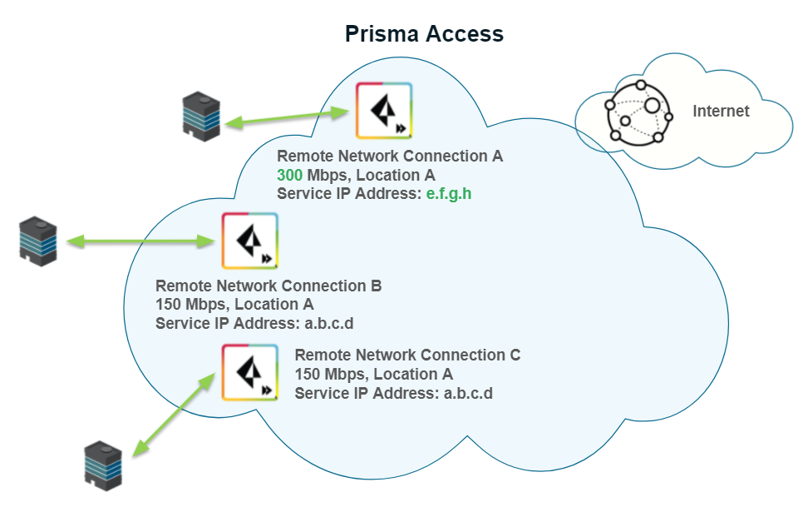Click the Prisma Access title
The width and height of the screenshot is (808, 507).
(x=424, y=34)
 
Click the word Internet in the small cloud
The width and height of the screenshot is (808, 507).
(x=721, y=112)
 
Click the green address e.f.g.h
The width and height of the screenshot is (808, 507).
(x=448, y=194)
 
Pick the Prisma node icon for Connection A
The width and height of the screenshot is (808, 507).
(x=383, y=111)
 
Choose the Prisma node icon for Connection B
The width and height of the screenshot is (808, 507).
(x=249, y=241)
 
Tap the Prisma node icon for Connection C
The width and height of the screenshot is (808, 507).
(x=249, y=372)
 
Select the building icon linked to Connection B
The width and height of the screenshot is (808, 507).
(x=39, y=241)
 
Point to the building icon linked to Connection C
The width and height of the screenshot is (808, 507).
(x=104, y=464)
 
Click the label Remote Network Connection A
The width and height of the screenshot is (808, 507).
(x=389, y=156)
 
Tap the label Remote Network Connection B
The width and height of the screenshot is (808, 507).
(x=269, y=286)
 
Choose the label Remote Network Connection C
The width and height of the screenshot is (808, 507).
(x=407, y=355)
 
